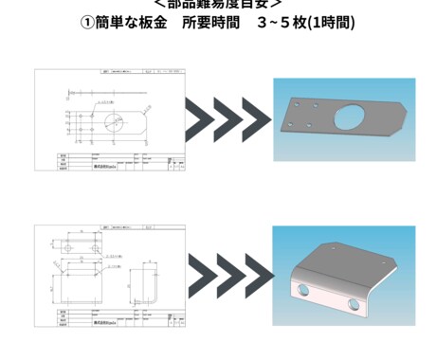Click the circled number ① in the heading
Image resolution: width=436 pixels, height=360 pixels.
point(88,22)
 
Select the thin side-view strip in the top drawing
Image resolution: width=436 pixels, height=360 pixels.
point(109,94)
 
